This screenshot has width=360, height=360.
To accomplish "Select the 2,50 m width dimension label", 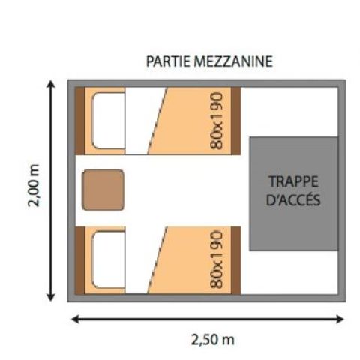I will coord(209,339).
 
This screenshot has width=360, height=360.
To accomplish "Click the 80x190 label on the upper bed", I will coord(218,121).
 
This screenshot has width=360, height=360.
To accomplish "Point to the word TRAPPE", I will coord(294,182).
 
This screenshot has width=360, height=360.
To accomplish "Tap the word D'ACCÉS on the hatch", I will coord(294,200).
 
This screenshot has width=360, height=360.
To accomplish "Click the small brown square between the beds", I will coord(102,190).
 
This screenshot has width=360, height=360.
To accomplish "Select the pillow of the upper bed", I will coord(107,120).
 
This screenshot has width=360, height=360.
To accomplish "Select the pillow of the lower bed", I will coord(107,259).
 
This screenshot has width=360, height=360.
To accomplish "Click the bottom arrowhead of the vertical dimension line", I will coord(51,298).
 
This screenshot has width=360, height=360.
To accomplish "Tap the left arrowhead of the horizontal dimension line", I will coord(73,320).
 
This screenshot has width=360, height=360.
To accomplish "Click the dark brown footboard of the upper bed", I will coord(236,121).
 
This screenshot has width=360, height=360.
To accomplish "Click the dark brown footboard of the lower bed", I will coord(236,259).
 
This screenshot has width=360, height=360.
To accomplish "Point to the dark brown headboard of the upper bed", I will coord(79,121).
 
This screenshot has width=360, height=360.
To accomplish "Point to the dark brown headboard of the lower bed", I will coord(79,259).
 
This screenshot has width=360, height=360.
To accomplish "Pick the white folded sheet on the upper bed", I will coord(142,121).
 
